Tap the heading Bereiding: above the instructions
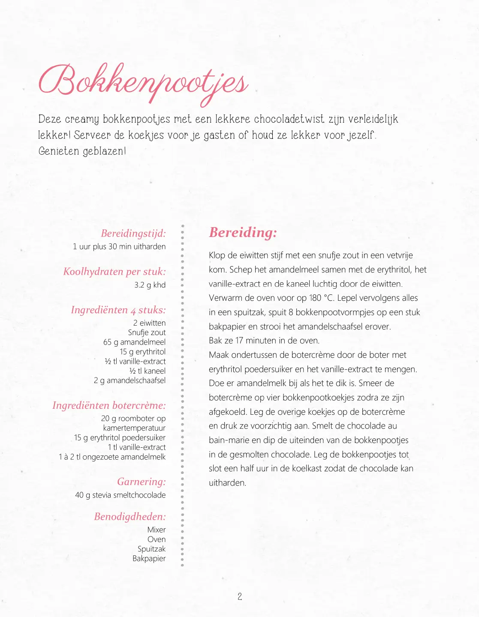(243, 233)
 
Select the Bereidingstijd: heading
(133, 234)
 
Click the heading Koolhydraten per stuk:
(114, 272)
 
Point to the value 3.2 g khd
(150, 285)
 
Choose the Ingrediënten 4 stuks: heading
(118, 310)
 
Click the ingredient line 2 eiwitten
(149, 323)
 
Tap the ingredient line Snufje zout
(147, 332)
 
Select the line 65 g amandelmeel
(134, 342)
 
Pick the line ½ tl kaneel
(147, 371)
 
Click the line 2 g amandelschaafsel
(130, 380)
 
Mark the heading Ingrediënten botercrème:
(109, 405)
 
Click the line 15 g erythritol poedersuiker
(120, 437)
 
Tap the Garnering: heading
(142, 482)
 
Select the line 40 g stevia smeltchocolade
(121, 495)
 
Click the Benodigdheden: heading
(130, 517)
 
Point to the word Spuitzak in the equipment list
(151, 549)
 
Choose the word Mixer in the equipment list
(157, 530)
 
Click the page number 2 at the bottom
(240, 596)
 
